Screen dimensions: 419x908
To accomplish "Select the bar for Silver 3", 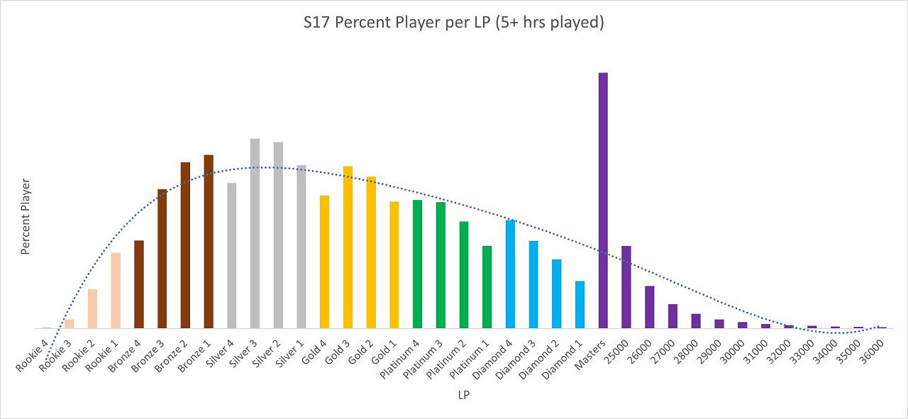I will coord(255,234).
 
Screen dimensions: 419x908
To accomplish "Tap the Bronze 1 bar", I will coord(209,242).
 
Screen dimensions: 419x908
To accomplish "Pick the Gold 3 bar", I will coord(348,247).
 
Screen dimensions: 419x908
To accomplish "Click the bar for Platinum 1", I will coord(487,287).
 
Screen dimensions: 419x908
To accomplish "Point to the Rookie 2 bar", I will coord(92,309).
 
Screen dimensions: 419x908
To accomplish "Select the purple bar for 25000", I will coord(626,287).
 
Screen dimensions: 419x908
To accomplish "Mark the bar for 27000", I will coord(672,316).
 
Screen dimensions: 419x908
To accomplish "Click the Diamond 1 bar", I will coord(580,305).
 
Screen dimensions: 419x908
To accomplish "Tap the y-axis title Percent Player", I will coord(26,217).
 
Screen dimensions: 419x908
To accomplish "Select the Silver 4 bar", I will coord(231,256).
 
